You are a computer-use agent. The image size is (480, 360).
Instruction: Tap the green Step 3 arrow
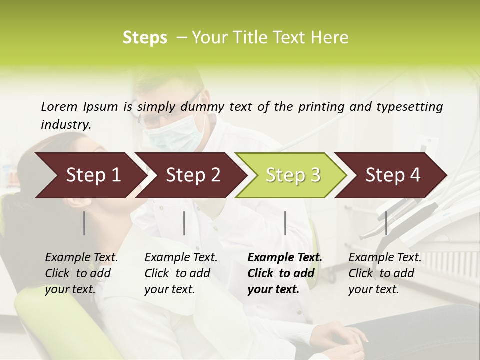290,175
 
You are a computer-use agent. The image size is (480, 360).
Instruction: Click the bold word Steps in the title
145,38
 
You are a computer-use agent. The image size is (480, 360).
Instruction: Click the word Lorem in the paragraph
59,106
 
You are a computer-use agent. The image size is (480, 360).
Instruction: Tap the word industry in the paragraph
65,125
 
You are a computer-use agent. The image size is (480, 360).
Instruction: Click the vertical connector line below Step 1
84,223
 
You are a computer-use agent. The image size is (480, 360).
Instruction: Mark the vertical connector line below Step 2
184,223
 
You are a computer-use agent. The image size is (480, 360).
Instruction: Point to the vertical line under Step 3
285,223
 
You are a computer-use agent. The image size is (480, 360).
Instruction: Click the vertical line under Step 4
386,223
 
